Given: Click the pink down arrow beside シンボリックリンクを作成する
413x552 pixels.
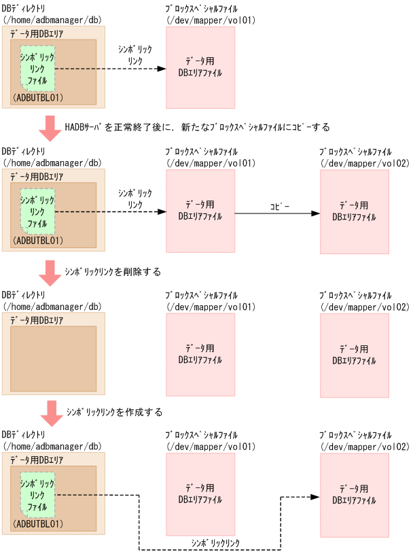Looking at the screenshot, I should pos(49,412).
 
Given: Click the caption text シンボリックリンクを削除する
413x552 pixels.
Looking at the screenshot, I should pos(113,272).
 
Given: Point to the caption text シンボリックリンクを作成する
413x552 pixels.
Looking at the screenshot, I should pos(113,413).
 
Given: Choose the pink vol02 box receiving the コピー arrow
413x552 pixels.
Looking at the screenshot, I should pos(354,211).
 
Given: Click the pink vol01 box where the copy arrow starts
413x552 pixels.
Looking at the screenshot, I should pos(200,211).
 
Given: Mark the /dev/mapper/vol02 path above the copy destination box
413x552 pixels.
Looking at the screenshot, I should pos(364,163).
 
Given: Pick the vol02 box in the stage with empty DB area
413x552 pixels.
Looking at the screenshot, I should pos(354,353).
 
